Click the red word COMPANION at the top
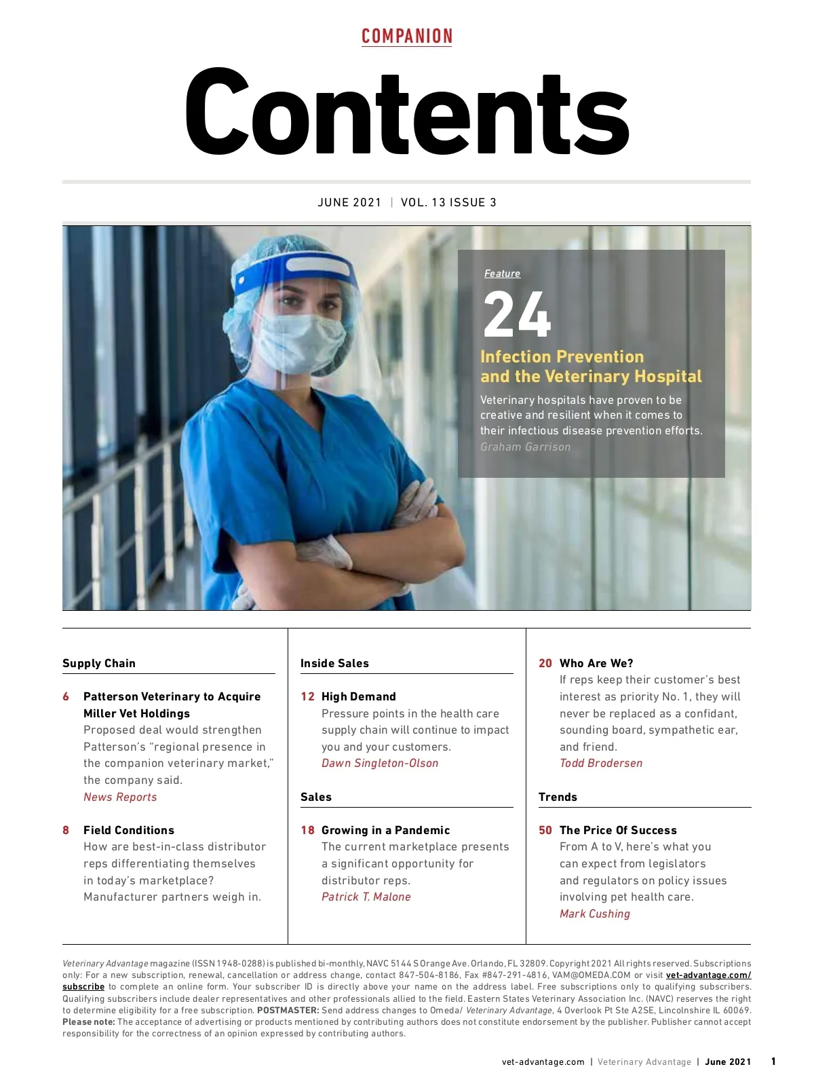(407, 36)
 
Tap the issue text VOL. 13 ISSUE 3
(448, 202)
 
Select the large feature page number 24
(517, 314)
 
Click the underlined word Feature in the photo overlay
(502, 274)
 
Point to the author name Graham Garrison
(525, 447)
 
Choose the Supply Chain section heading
(99, 663)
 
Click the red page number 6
(66, 696)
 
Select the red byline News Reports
(120, 797)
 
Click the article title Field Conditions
(129, 830)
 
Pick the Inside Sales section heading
(334, 663)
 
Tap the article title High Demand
(358, 696)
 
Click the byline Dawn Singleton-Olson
(380, 763)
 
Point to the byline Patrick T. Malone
(366, 897)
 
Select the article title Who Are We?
(596, 663)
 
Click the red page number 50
(545, 830)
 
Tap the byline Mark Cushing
(595, 914)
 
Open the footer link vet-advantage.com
(543, 1062)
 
